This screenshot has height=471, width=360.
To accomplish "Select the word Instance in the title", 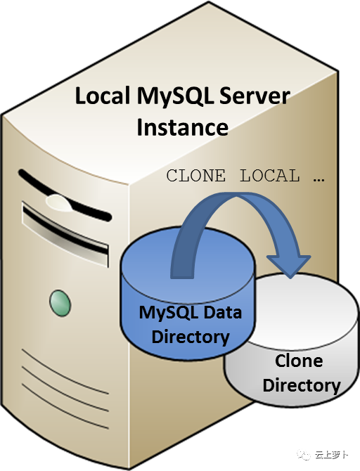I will tap(182, 127).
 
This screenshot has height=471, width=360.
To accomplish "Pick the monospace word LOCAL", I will tap(270, 176).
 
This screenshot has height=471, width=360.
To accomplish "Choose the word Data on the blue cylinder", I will tap(214, 312).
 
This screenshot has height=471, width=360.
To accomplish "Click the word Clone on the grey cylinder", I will tap(299, 361).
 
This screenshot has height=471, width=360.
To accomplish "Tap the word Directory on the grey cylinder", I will tap(301, 385).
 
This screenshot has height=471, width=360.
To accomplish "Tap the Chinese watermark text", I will tap(336, 455).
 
